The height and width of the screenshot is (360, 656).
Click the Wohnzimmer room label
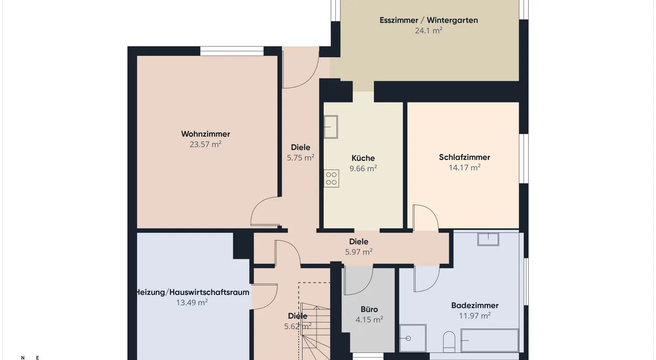pyautogui.click(x=206, y=134)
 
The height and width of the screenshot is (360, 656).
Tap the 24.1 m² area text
pyautogui.click(x=428, y=31)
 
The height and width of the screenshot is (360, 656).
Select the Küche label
pyautogui.click(x=363, y=158)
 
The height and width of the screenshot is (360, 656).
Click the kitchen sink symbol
pyautogui.click(x=331, y=127)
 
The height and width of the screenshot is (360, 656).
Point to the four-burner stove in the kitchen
pyautogui.click(x=331, y=178)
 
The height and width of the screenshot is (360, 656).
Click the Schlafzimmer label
pyautogui.click(x=464, y=157)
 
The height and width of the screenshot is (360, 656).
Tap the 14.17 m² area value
pyautogui.click(x=464, y=168)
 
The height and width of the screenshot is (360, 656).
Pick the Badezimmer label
pyautogui.click(x=475, y=305)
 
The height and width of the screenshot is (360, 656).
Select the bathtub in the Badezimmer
pyautogui.click(x=490, y=340)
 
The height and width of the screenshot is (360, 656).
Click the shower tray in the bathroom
pyautogui.click(x=413, y=338)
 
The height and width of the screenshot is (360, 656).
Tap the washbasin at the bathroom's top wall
pyautogui.click(x=488, y=239)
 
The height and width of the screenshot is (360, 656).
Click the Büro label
pyautogui.click(x=369, y=309)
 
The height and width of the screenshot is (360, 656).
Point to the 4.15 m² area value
pyautogui.click(x=369, y=320)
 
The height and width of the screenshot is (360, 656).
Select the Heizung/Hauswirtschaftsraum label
pyautogui.click(x=192, y=292)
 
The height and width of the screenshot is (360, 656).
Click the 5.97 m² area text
pyautogui.click(x=359, y=252)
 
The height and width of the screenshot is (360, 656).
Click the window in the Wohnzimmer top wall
pyautogui.click(x=232, y=51)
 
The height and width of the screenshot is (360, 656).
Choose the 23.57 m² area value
pyautogui.click(x=206, y=144)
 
